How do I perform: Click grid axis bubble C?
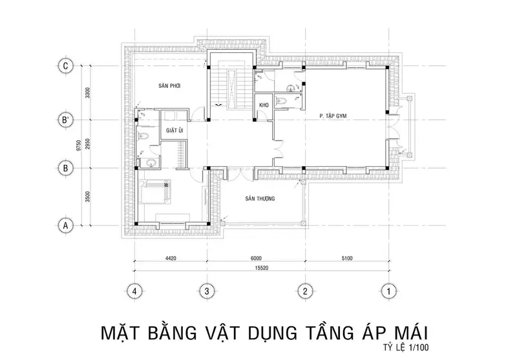tap(64, 65)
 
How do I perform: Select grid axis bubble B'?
tap(64, 120)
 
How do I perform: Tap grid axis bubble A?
tap(64, 226)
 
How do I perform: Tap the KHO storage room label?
tap(264, 105)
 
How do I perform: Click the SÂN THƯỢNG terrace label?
tap(261, 198)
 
